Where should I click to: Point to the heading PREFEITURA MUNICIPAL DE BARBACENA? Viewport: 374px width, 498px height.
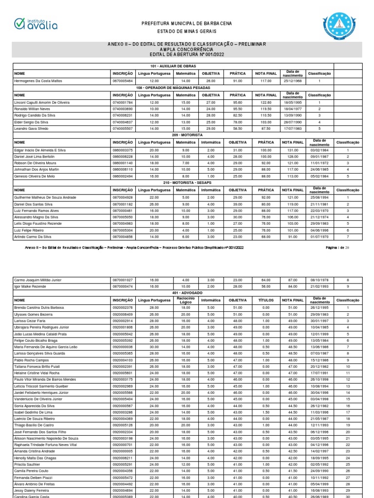click(187, 23)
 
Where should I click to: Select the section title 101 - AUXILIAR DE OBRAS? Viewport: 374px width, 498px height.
click(187, 66)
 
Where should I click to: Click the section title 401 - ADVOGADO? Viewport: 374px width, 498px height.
click(187, 294)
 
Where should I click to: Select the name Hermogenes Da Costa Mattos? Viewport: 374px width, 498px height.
click(38, 80)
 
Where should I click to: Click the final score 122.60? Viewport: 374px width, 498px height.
click(266, 103)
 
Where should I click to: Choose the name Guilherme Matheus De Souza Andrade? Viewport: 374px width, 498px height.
click(45, 197)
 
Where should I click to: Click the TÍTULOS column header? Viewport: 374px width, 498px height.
click(266, 301)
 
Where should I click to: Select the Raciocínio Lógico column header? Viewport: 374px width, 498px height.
click(186, 301)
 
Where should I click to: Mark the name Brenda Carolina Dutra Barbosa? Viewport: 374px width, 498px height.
click(39, 308)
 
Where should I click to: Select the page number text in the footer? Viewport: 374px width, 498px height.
click(333, 248)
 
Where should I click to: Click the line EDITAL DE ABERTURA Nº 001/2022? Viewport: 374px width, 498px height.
click(187, 54)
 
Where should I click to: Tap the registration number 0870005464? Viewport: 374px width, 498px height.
click(122, 80)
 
